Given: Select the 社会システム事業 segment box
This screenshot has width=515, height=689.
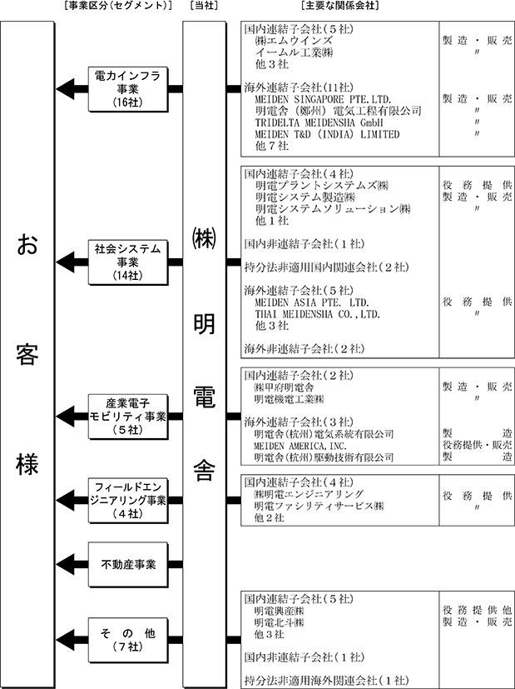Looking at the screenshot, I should [127, 262].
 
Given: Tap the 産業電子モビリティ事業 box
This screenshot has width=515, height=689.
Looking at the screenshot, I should [127, 416].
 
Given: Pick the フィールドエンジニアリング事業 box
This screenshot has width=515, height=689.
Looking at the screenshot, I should [127, 500].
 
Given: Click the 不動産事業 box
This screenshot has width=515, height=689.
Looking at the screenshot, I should [127, 564].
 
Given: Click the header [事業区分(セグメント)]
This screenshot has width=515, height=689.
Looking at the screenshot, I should [116, 7].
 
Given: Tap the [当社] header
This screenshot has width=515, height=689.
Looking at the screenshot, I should [204, 7].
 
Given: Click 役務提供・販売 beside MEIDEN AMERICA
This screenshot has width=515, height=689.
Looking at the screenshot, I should [478, 446].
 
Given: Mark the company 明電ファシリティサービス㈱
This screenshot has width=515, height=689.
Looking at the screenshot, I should [319, 506].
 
